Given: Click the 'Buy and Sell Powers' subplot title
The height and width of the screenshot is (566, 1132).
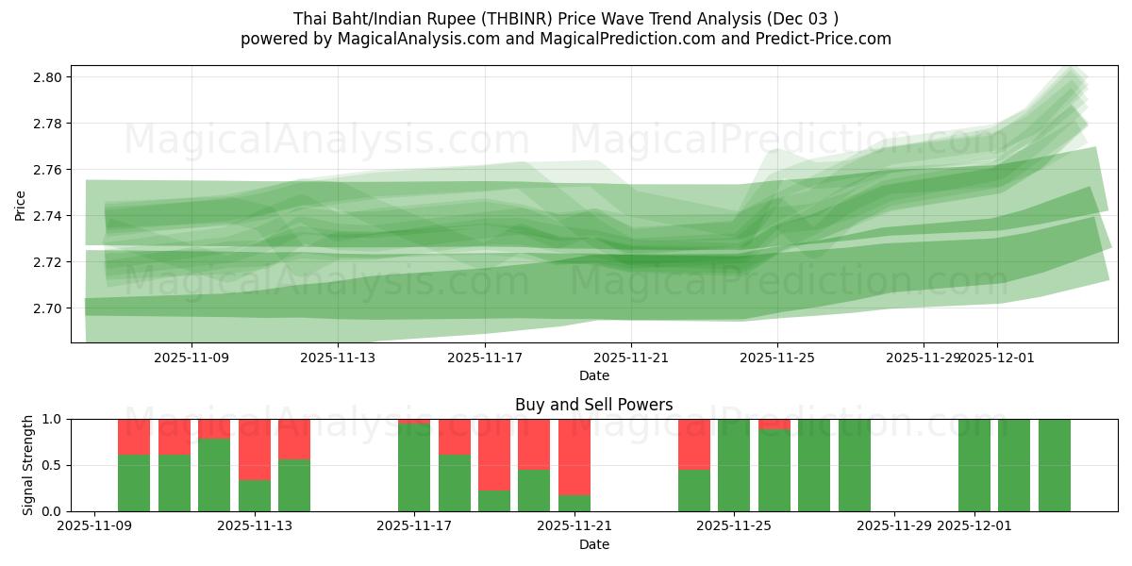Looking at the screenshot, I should point(593,405).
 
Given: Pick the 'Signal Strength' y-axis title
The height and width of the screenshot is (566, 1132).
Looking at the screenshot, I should point(28,465).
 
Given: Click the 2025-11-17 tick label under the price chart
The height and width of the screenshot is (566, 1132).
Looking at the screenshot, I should point(485,358).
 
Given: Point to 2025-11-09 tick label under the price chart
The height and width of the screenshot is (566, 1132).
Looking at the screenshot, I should point(192,358).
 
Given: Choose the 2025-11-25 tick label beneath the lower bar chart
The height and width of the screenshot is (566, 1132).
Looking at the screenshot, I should point(734,526).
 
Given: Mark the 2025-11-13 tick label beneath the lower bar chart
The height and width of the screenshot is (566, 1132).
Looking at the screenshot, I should point(255,526).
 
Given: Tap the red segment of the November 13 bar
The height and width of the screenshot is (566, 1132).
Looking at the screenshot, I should point(255,449).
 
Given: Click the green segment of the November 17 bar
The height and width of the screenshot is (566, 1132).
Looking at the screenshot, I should point(414,468).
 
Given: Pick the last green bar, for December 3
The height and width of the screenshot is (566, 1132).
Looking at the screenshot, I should point(1055,465).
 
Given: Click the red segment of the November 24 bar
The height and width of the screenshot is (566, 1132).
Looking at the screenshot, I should point(694,443).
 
